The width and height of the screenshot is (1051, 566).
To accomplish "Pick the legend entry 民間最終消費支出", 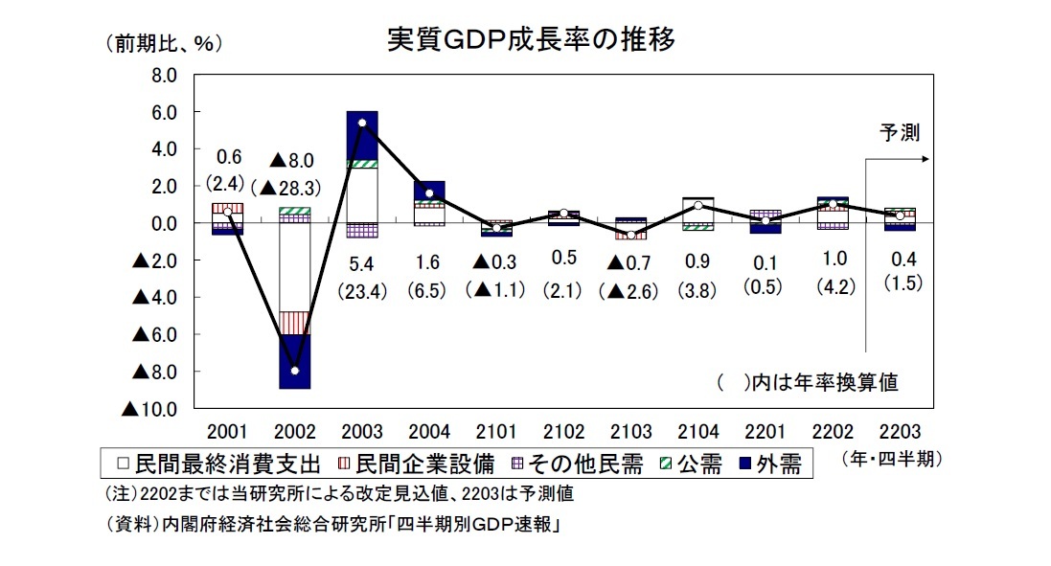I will (x=219, y=464).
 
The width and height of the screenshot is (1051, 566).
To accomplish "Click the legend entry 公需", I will (x=692, y=464).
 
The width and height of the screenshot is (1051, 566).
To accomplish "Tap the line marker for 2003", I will (x=361, y=123).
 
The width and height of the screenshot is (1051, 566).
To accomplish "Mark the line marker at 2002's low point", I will (x=294, y=371).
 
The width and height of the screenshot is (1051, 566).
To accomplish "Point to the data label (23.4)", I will (x=361, y=292).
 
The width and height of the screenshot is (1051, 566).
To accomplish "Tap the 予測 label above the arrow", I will (x=899, y=134).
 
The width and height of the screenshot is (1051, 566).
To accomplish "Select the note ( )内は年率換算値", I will (x=807, y=383).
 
